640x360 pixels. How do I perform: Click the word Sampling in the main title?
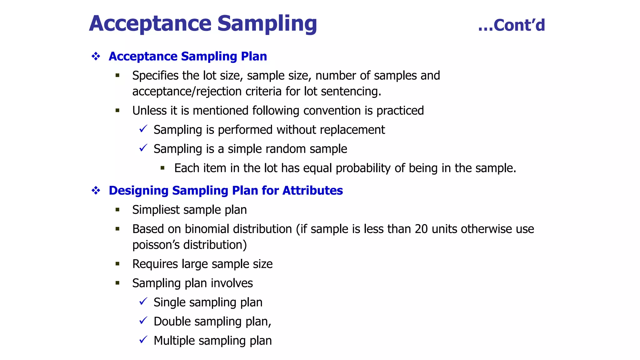[267, 24]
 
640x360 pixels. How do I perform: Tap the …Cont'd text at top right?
[512, 25]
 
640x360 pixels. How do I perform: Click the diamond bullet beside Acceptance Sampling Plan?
[96, 57]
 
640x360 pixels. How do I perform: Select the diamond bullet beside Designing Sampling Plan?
[96, 191]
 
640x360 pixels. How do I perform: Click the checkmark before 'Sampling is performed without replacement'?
[143, 129]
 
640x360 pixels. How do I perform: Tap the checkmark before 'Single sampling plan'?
[143, 302]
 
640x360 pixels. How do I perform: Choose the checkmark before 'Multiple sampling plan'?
[143, 340]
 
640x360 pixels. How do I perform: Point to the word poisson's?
[156, 245]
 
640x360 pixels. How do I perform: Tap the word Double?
[172, 322]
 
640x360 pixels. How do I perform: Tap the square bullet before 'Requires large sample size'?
[117, 264]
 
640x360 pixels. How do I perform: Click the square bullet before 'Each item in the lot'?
[162, 168]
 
